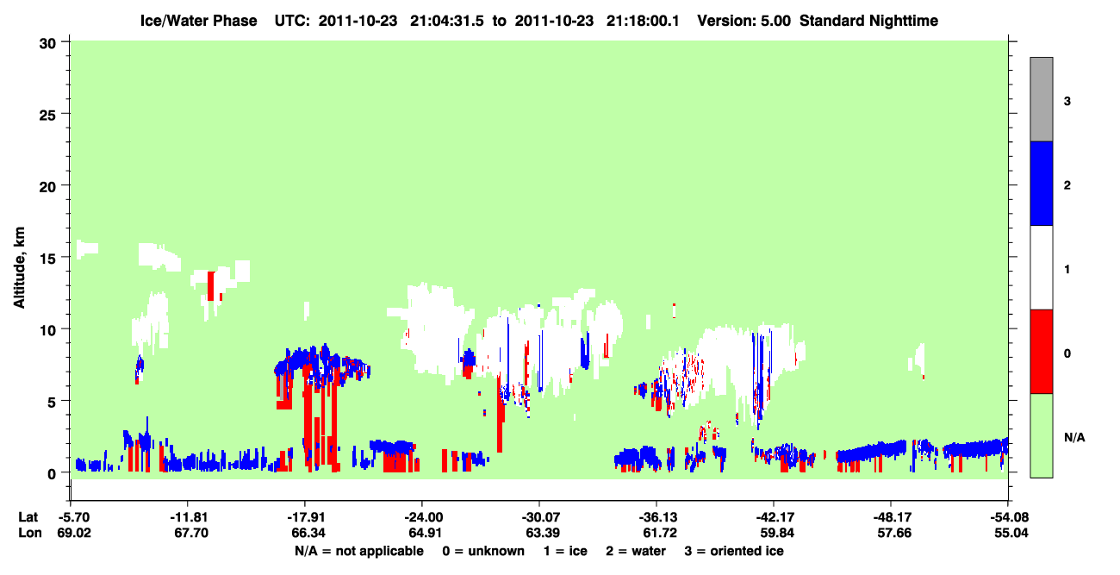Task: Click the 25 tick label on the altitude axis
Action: [47, 115]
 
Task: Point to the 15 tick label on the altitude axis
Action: [47, 259]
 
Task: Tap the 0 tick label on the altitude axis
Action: [52, 474]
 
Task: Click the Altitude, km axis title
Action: [19, 267]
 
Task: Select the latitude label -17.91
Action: [305, 517]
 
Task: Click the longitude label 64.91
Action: [425, 533]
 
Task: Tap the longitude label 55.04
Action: [1011, 533]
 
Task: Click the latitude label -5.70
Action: [73, 517]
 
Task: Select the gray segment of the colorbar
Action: [1042, 99]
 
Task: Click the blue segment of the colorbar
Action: [1042, 183]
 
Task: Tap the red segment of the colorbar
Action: [1042, 352]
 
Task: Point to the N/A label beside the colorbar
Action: [1074, 438]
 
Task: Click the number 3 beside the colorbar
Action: [1067, 102]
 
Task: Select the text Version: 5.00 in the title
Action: [744, 21]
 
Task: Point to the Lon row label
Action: [30, 533]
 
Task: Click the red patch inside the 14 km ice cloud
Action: [211, 286]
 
